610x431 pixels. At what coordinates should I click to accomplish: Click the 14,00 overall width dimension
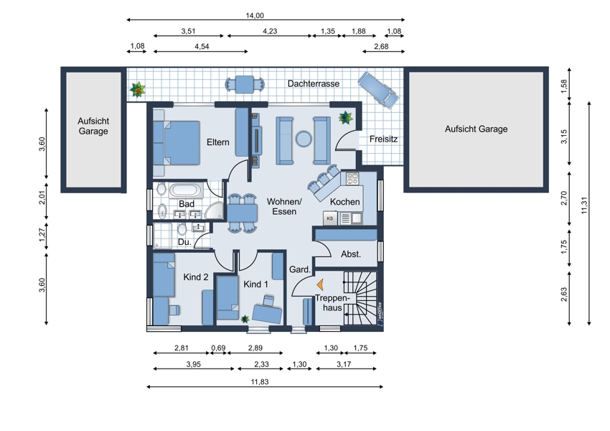(255, 16)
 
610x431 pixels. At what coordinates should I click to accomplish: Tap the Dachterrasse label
(314, 84)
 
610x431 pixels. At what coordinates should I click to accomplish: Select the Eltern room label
(218, 142)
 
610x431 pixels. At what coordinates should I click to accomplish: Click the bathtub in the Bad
(186, 191)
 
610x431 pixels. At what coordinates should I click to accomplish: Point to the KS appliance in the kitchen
(330, 218)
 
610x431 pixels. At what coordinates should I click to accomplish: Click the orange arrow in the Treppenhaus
(320, 285)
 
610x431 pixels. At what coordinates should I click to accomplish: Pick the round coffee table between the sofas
(304, 138)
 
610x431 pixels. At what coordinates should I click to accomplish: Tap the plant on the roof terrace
(137, 90)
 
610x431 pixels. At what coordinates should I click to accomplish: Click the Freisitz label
(384, 139)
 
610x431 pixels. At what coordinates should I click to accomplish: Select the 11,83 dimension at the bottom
(260, 382)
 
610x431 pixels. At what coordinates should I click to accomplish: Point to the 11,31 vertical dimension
(584, 205)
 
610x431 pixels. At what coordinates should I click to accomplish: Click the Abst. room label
(351, 254)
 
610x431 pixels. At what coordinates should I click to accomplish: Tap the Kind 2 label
(196, 277)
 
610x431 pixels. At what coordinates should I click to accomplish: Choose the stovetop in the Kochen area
(352, 178)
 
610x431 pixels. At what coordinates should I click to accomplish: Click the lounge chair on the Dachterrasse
(378, 89)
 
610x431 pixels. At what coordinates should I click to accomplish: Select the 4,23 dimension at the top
(270, 31)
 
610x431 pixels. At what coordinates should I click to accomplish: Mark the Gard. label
(300, 269)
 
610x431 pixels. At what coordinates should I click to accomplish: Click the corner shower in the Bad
(215, 210)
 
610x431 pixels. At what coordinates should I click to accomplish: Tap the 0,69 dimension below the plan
(218, 348)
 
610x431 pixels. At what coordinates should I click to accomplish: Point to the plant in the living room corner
(345, 117)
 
